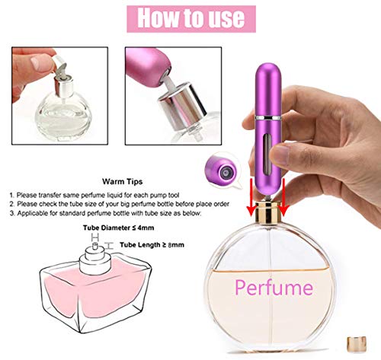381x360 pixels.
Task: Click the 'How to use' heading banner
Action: point(190,18)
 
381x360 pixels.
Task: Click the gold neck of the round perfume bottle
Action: point(268,208)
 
